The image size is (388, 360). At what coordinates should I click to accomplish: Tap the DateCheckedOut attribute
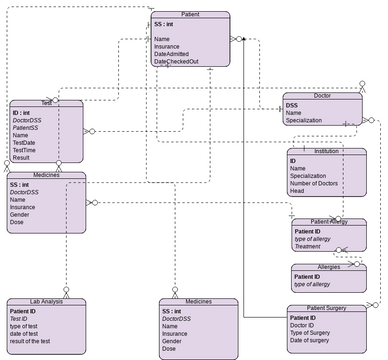click(176, 62)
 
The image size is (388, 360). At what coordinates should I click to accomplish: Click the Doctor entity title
click(321, 96)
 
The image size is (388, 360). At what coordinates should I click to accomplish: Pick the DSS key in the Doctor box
click(291, 105)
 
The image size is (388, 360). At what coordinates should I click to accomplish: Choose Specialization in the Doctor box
click(309, 121)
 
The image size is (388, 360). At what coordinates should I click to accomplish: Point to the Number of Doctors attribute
click(323, 184)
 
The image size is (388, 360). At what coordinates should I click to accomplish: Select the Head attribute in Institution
click(298, 193)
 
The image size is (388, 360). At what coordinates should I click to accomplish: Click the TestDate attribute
click(25, 142)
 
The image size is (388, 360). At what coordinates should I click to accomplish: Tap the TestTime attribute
click(25, 150)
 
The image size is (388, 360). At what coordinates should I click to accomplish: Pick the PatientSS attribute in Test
click(27, 127)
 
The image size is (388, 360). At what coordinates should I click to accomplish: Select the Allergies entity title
click(327, 268)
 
